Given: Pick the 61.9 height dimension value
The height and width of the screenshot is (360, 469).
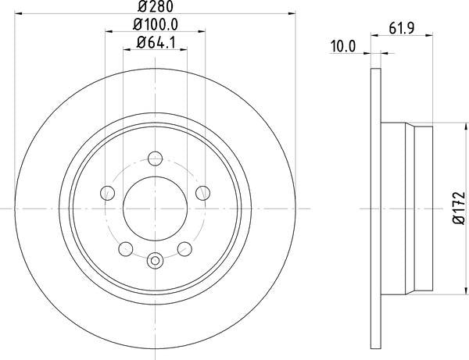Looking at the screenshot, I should point(401,30).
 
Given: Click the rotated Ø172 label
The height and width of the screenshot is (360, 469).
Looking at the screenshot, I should point(459,209).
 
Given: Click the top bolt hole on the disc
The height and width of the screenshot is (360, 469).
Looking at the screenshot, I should point(156,155).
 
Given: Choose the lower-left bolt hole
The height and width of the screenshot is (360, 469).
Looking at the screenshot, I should point(125,248).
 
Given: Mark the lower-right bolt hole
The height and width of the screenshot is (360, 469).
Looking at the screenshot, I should point(186,248).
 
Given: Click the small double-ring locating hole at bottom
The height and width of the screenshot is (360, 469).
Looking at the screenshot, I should point(156,260).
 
